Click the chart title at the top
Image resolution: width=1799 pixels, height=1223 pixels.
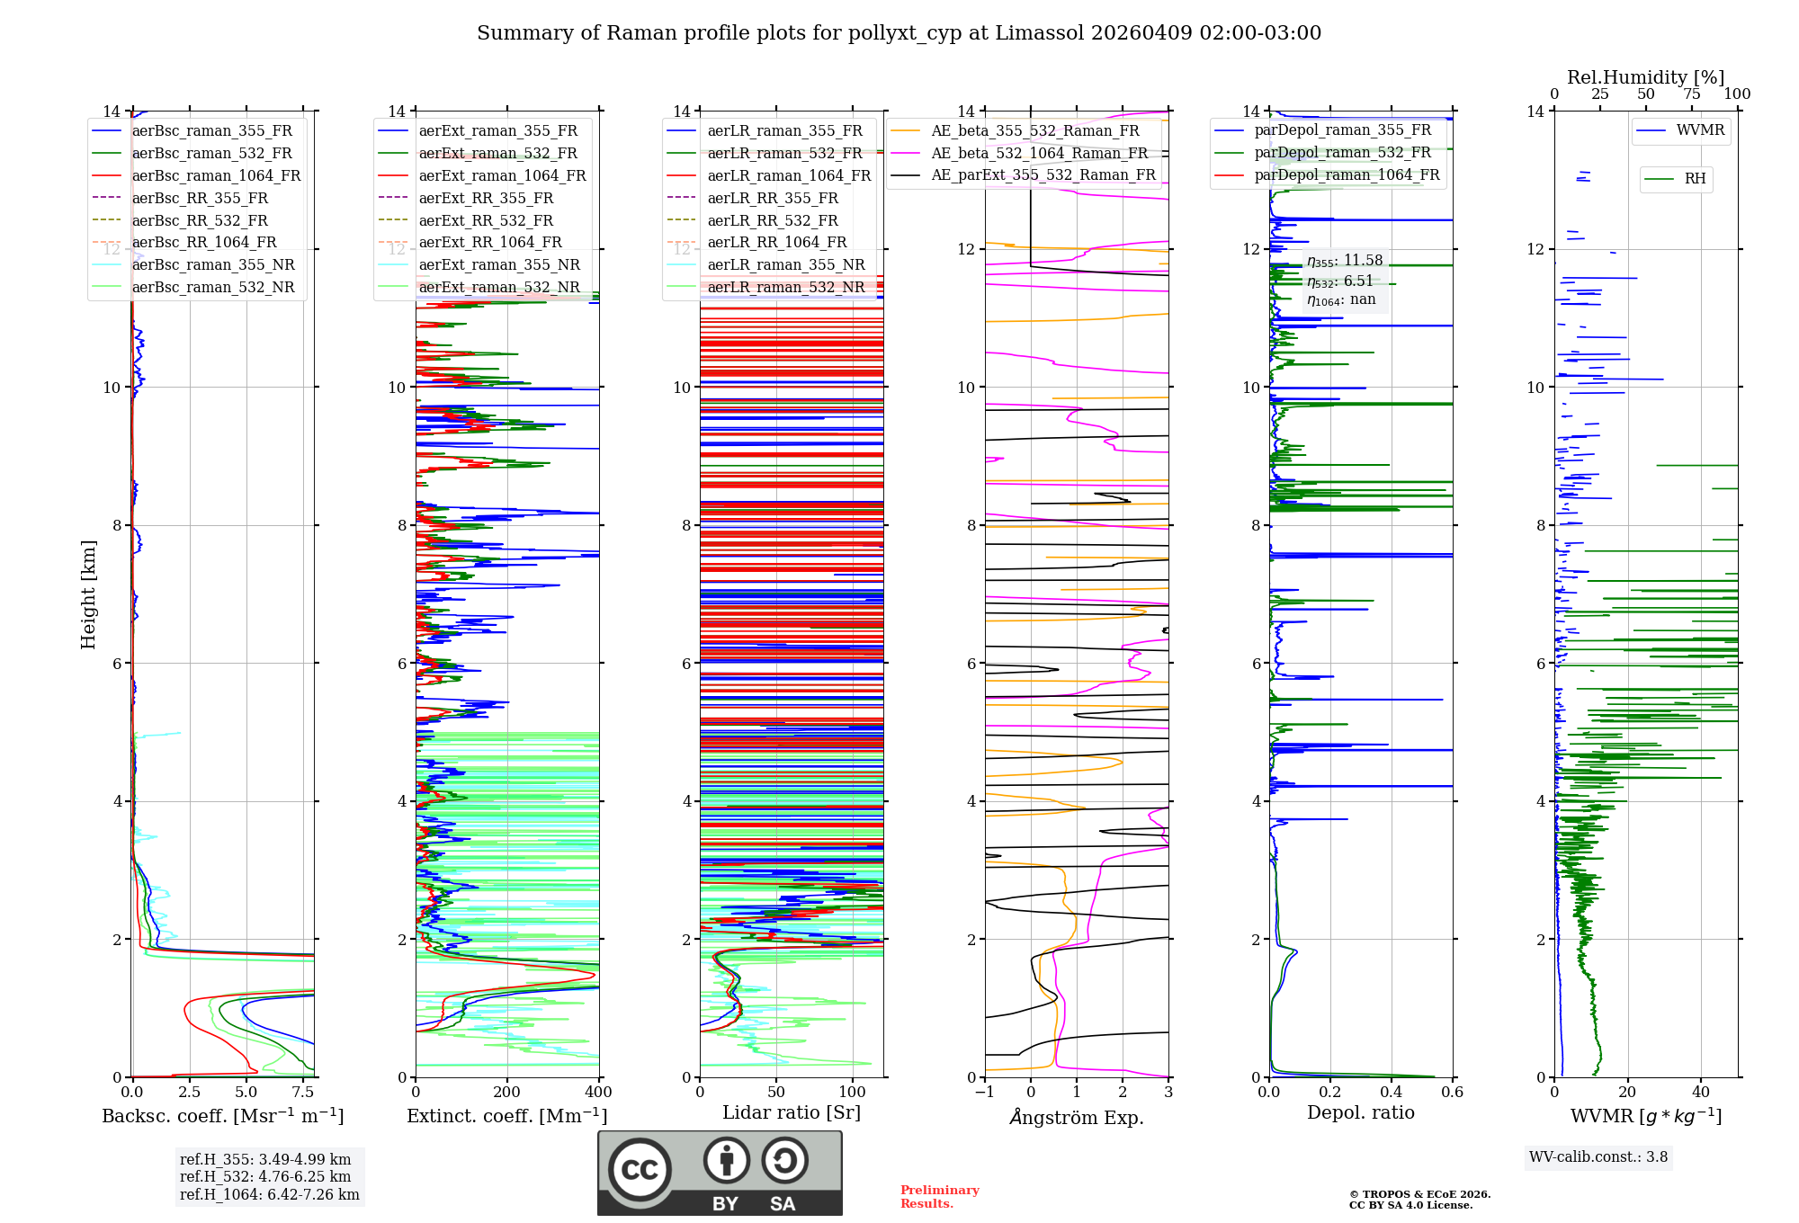pyautogui.click(x=899, y=33)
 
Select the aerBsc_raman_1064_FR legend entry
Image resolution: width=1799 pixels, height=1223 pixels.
pyautogui.click(x=216, y=175)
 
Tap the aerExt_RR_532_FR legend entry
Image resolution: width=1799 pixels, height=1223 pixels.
pyautogui.click(x=486, y=220)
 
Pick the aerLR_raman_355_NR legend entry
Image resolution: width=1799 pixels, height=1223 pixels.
pyautogui.click(x=785, y=264)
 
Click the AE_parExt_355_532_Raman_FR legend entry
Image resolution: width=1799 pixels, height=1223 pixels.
pyautogui.click(x=1043, y=174)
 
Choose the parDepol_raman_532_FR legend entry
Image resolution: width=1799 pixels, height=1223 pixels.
pyautogui.click(x=1342, y=153)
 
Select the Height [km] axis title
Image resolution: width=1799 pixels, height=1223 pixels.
pyautogui.click(x=88, y=594)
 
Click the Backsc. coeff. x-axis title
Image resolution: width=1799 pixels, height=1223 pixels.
pyautogui.click(x=222, y=1116)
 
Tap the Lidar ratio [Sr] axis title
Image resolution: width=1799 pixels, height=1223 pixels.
pyautogui.click(x=792, y=1112)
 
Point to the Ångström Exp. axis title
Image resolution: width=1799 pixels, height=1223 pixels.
pyautogui.click(x=1077, y=1117)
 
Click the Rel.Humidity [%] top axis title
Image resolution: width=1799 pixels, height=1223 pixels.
pyautogui.click(x=1645, y=77)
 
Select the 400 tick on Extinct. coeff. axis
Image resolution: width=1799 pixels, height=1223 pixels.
pyautogui.click(x=598, y=1093)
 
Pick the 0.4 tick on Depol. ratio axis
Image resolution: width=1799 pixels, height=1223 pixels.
pyautogui.click(x=1392, y=1093)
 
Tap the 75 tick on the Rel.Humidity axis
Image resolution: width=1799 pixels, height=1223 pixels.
pyautogui.click(x=1691, y=94)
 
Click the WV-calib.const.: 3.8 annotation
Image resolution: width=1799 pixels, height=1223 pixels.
pyautogui.click(x=1598, y=1157)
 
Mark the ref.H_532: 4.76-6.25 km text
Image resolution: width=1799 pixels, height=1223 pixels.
pyautogui.click(x=265, y=1177)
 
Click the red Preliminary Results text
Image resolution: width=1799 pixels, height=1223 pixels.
pyautogui.click(x=939, y=1197)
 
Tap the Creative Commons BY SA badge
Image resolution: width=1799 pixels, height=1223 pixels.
pyautogui.click(x=720, y=1174)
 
